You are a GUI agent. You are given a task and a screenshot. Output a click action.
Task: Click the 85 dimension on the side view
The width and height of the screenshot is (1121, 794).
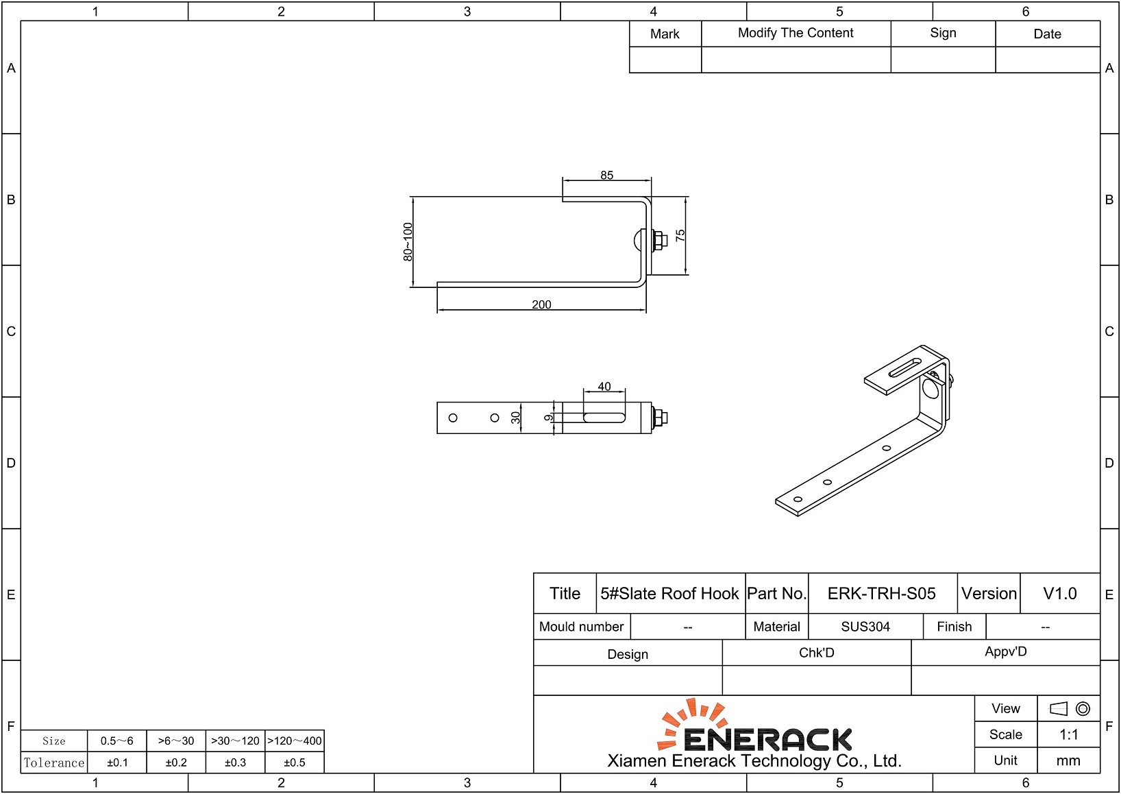[606, 176]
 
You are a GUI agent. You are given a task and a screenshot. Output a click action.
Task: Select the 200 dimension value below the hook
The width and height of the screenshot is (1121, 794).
[541, 304]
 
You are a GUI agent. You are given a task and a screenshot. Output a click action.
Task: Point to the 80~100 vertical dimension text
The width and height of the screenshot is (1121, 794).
[408, 242]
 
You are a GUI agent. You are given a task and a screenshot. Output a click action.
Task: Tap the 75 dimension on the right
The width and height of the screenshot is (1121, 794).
[680, 235]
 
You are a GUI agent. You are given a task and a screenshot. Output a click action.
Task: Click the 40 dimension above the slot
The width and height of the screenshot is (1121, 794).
[604, 387]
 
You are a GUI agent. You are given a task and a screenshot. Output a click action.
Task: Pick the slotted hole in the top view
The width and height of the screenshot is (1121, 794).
[604, 418]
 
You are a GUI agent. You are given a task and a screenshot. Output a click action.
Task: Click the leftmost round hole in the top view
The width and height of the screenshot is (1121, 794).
[453, 418]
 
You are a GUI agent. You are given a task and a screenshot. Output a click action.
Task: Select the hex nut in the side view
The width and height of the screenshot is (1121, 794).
[660, 240]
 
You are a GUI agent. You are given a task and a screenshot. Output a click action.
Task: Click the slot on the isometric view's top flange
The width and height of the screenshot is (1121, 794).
[904, 368]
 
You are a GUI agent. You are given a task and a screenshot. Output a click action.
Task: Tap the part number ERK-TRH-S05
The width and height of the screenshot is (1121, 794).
[881, 594]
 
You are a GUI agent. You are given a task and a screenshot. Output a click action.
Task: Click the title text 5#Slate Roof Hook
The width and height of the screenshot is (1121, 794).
[669, 594]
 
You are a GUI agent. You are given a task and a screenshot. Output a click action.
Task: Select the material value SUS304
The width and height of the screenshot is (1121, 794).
[865, 627]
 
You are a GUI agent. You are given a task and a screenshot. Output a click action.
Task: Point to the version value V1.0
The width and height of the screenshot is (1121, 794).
[1059, 594]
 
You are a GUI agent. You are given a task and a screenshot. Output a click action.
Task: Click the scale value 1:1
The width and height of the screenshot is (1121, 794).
[1068, 735]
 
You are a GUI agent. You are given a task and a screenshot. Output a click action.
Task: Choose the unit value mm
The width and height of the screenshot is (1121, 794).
[1068, 760]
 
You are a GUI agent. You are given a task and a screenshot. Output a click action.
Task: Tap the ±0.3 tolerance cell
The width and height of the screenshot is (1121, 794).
[235, 762]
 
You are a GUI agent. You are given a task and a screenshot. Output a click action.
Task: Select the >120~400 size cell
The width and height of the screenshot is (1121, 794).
[295, 741]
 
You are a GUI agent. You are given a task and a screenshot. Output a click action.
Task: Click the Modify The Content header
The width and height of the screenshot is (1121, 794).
[796, 33]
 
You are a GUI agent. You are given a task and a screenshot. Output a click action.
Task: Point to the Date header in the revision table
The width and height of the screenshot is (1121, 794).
[1047, 34]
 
